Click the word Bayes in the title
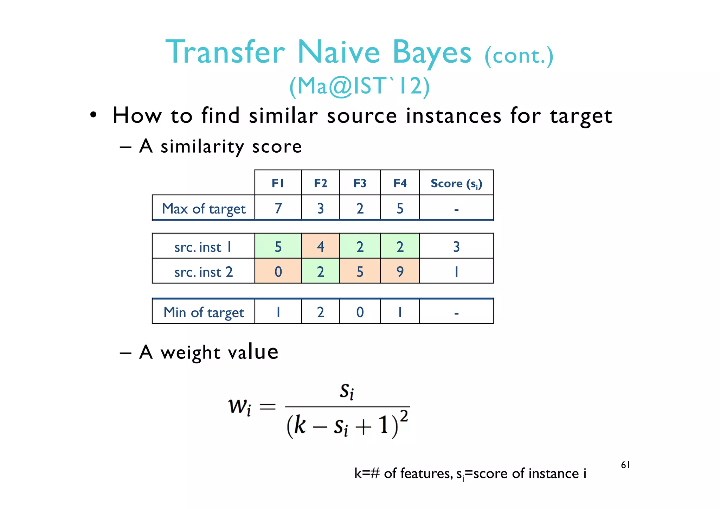pos(432,53)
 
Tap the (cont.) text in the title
pos(519,56)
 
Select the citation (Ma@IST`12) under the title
pos(359,86)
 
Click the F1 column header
pos(278,183)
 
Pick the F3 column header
pos(360,183)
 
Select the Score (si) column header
pos(456,183)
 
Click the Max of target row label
pos(204,208)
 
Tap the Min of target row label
pos(204,312)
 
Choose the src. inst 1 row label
pos(203,247)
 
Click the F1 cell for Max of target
pos(278,208)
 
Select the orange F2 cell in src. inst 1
pos(320,246)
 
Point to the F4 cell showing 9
pos(400,271)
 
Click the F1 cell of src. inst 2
pos(278,271)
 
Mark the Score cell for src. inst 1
pos(456,246)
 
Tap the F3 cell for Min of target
pos(360,312)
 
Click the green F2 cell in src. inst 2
pos(320,271)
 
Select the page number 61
pos(625,465)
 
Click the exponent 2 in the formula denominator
pos(404,416)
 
